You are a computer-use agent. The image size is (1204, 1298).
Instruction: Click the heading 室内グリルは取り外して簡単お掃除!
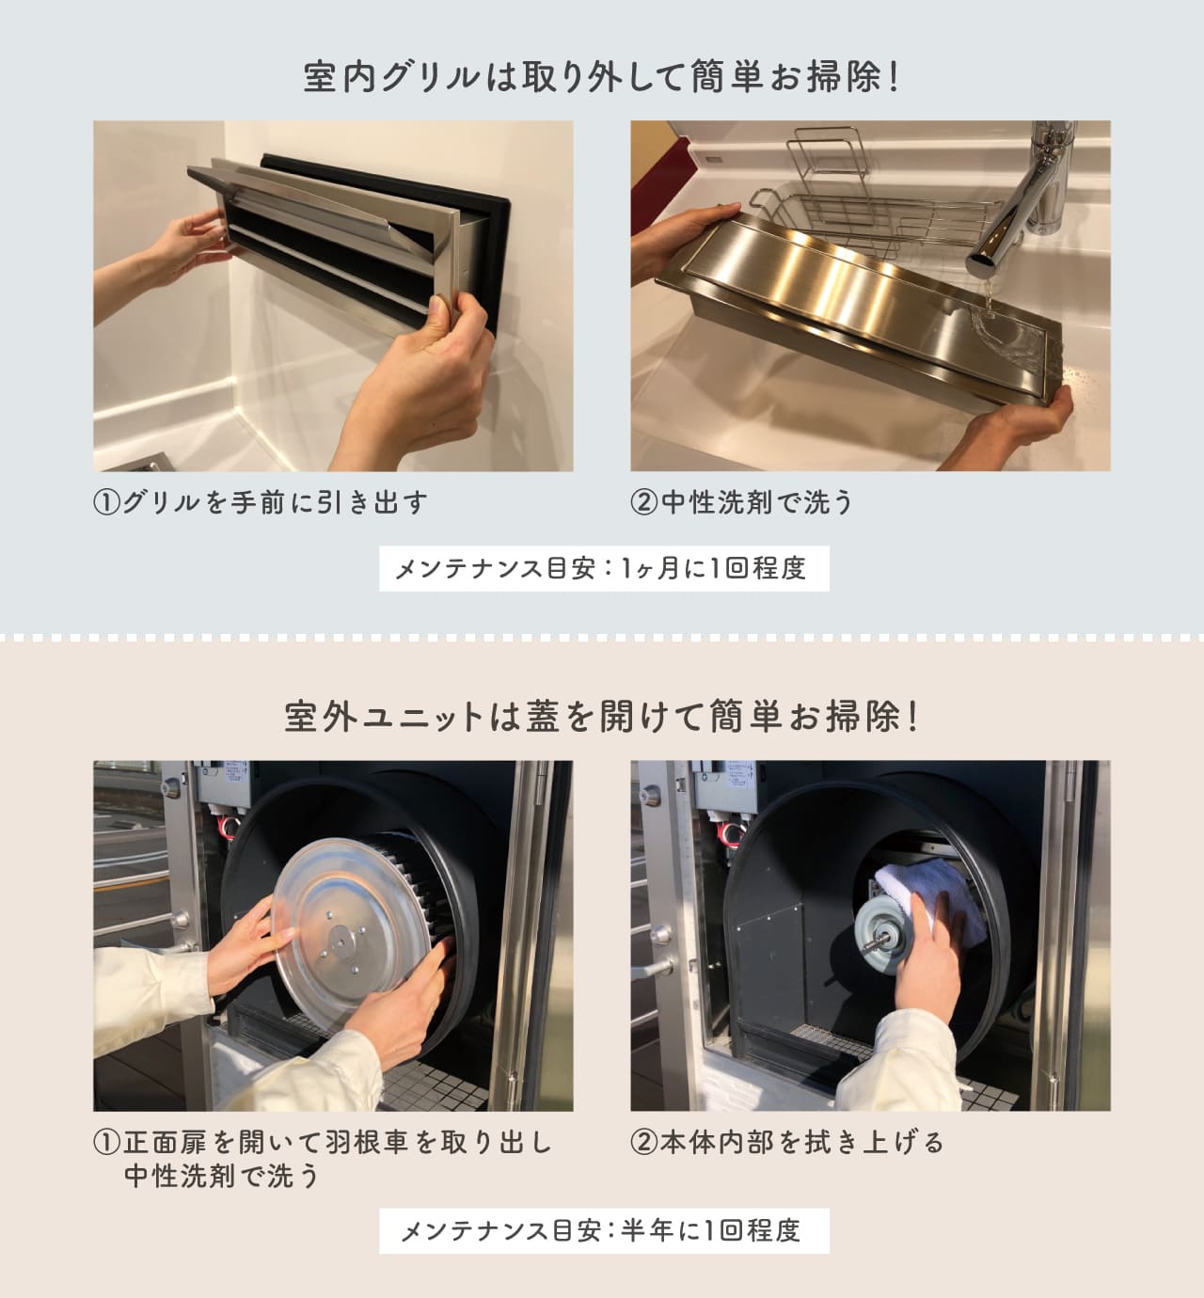click(x=602, y=77)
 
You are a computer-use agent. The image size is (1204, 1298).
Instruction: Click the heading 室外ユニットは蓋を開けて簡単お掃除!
click(x=602, y=718)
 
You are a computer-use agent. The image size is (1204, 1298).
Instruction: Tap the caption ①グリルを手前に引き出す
click(x=261, y=502)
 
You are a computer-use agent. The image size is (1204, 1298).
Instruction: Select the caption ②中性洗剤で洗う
click(x=741, y=502)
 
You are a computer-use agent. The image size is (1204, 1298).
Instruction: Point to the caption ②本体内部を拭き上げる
click(x=787, y=1143)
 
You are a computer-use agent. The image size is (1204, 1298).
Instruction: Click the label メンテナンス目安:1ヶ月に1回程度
click(x=603, y=569)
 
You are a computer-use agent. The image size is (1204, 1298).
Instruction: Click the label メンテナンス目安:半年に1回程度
click(x=603, y=1230)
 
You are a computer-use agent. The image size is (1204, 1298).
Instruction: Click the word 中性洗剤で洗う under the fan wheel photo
click(x=223, y=1176)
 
